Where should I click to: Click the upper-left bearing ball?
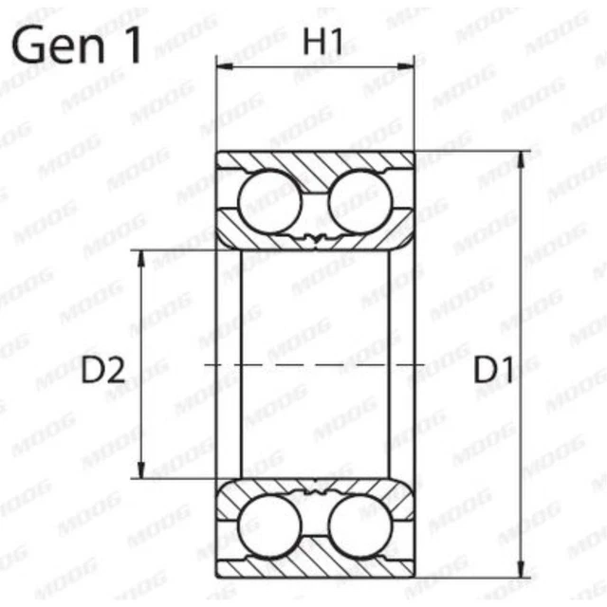tap(268, 200)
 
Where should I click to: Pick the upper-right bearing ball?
tap(360, 200)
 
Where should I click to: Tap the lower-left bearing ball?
tap(268, 524)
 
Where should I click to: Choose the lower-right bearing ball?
tap(360, 524)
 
